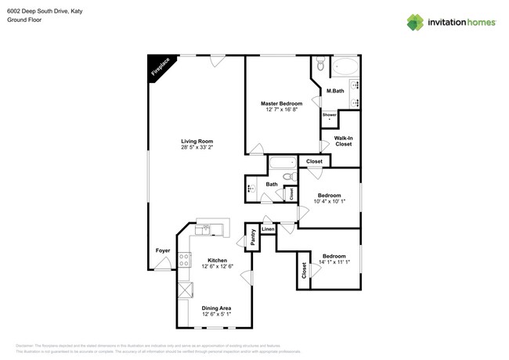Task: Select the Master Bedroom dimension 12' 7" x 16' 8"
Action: (281, 110)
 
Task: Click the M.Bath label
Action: (334, 92)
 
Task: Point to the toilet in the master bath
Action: (319, 63)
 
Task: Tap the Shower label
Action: (330, 115)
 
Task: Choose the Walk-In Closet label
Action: (343, 141)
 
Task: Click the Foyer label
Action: (163, 250)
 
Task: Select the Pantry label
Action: (253, 237)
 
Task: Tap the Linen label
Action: (268, 229)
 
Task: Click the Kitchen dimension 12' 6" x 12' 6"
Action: (217, 267)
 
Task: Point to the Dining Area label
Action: (216, 308)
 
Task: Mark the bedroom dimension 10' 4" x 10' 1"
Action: (329, 202)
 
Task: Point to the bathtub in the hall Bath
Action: (282, 164)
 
